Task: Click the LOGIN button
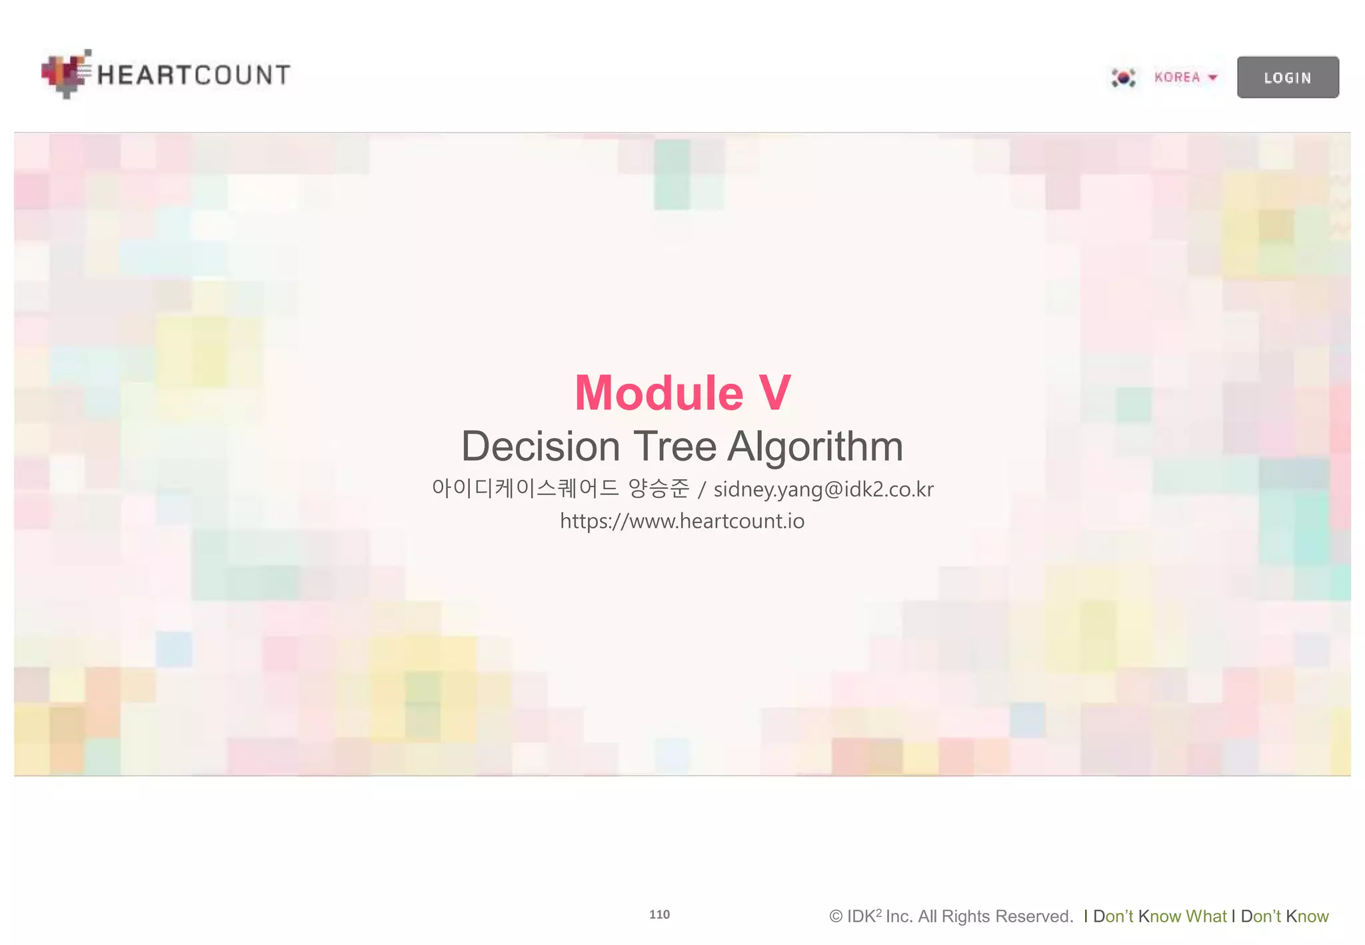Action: click(1287, 77)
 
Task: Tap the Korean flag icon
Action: click(1123, 78)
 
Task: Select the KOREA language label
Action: click(1177, 77)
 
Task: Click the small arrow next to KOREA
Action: click(1213, 77)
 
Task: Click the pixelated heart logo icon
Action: click(66, 73)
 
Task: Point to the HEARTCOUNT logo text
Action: click(193, 75)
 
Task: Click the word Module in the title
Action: click(659, 393)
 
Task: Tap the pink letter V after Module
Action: click(774, 393)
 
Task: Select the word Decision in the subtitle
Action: click(541, 446)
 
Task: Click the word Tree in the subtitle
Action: click(675, 446)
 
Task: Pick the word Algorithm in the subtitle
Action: click(815, 446)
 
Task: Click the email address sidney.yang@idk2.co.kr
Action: click(823, 489)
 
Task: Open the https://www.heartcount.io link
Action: click(682, 520)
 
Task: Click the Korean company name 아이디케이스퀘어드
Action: click(525, 488)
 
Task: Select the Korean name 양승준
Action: click(659, 488)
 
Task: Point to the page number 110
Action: click(659, 914)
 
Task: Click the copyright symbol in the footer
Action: click(836, 916)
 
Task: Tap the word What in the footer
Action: click(1206, 916)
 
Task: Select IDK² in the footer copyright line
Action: click(864, 916)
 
